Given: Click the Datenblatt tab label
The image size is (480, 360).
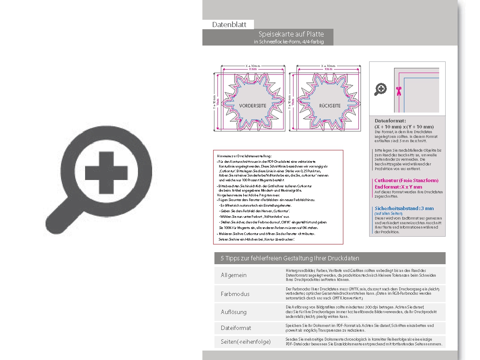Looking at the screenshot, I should [229, 24].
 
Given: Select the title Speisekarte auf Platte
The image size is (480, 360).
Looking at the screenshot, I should [291, 34].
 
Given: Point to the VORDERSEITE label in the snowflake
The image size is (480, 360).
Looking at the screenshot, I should [253, 106].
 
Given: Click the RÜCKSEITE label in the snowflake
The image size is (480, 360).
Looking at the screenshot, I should [330, 106].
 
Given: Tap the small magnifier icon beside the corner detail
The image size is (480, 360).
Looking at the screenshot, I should [380, 89].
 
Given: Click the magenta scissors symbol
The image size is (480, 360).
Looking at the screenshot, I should [398, 90].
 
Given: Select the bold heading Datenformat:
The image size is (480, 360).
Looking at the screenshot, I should [390, 121].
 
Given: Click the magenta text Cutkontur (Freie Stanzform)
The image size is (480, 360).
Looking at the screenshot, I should [406, 181].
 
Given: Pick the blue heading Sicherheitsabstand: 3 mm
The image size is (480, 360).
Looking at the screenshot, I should [404, 208].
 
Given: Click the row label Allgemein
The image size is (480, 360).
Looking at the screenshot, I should [234, 275].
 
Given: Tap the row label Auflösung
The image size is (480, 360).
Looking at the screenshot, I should [234, 312].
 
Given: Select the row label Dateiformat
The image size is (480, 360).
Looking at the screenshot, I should [236, 328].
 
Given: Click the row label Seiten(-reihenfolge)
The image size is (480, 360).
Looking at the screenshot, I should [245, 342].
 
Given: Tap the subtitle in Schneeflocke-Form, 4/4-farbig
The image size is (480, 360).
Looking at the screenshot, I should [288, 42].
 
